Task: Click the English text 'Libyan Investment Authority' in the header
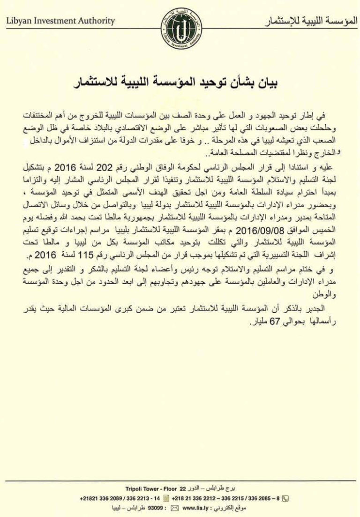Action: pyautogui.click(x=61, y=21)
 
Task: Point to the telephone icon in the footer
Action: pyautogui.click(x=286, y=498)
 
